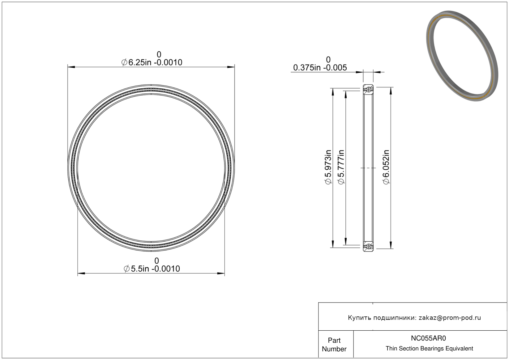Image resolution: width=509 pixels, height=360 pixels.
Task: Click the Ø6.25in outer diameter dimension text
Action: click(x=152, y=62)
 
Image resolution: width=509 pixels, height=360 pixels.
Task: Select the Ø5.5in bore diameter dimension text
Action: click(x=152, y=269)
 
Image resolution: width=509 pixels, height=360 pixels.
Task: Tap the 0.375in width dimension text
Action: click(x=320, y=68)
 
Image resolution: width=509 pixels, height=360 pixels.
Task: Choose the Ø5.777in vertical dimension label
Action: click(x=341, y=167)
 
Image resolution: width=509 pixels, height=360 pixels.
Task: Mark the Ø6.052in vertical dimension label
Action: click(x=386, y=167)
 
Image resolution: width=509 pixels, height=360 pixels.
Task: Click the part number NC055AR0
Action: click(x=429, y=338)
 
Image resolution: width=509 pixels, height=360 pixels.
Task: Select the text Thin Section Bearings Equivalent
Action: click(x=429, y=349)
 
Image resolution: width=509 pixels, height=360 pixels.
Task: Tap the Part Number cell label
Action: click(x=334, y=345)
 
